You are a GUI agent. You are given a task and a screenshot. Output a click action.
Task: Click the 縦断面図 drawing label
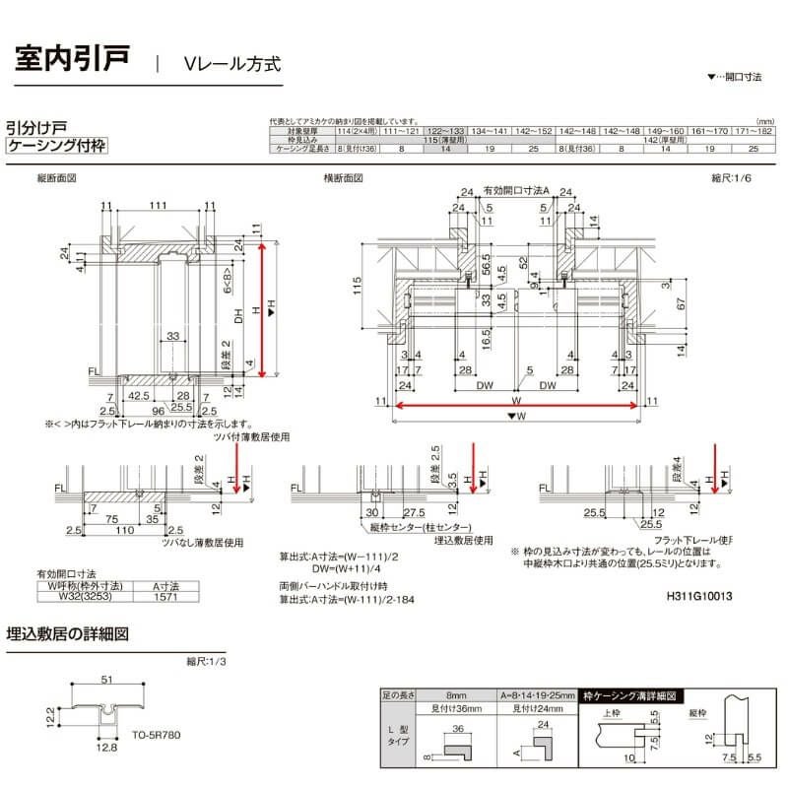56,179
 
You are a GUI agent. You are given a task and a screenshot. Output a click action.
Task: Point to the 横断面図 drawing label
343,179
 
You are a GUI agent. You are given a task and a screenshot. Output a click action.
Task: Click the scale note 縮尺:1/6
730,179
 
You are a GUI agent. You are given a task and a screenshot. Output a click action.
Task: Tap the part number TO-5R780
157,735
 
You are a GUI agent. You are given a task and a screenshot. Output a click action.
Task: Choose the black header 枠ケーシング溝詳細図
631,695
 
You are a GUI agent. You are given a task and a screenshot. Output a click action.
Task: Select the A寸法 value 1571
159,593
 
